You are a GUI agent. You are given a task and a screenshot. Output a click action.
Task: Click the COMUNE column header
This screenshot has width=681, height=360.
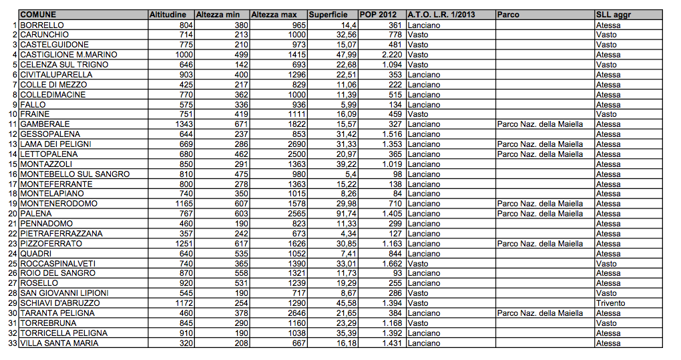click(x=38, y=15)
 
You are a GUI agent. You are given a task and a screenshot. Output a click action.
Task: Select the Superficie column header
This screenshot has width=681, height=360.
click(x=328, y=15)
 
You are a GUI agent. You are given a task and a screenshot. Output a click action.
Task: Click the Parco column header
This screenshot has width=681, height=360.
click(x=508, y=15)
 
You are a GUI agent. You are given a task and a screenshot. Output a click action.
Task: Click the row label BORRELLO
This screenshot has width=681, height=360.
click(x=42, y=25)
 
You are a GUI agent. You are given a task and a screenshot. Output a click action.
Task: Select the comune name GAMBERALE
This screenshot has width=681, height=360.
click(x=45, y=124)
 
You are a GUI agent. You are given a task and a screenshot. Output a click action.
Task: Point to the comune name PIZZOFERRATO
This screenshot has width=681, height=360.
click(x=51, y=244)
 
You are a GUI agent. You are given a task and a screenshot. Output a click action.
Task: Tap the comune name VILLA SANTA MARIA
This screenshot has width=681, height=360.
click(x=59, y=343)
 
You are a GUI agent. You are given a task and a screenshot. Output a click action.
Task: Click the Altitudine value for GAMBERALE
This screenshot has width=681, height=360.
click(x=184, y=124)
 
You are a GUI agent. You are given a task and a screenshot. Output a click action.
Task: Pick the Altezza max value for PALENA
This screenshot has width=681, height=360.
click(x=294, y=214)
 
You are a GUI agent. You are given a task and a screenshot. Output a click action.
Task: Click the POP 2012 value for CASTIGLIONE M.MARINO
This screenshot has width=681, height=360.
click(x=389, y=55)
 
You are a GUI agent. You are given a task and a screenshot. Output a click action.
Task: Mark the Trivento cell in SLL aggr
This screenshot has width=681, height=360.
click(x=610, y=303)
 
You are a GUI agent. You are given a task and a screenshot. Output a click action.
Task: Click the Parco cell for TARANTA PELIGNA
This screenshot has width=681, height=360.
click(x=540, y=313)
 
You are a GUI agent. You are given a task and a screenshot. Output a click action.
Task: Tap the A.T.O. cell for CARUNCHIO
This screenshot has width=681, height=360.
click(x=417, y=35)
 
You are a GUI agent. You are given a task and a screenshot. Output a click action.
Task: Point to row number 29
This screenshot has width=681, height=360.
click(x=12, y=303)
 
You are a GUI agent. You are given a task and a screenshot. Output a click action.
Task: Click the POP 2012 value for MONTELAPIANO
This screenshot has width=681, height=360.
click(x=395, y=194)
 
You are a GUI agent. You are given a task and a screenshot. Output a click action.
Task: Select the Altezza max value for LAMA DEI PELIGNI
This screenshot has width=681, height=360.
click(x=294, y=144)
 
